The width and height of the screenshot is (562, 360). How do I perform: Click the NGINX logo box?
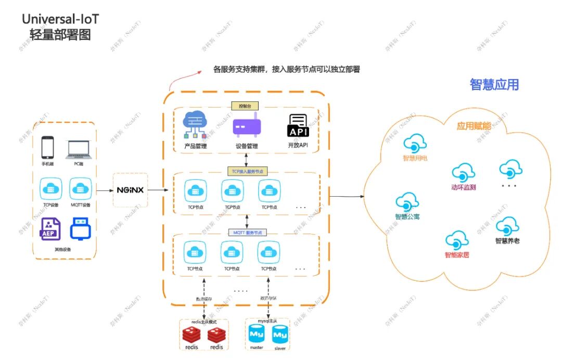(x=130, y=190)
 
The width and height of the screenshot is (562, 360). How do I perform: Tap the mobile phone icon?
(x=48, y=148)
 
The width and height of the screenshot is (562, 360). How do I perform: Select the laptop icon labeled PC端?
(x=79, y=149)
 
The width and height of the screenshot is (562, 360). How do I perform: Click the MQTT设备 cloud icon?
(x=80, y=188)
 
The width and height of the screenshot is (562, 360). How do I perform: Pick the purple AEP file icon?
(x=50, y=229)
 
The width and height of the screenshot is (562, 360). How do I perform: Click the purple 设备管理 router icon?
(x=247, y=127)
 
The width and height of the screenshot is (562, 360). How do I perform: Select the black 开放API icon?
(x=298, y=126)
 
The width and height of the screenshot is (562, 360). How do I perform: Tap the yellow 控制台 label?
(x=245, y=106)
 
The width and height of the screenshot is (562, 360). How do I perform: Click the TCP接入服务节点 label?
(x=247, y=171)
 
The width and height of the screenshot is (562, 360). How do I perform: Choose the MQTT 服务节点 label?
(x=247, y=232)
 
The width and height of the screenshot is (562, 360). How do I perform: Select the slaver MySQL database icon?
(x=280, y=334)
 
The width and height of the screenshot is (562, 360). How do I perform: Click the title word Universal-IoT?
(x=60, y=19)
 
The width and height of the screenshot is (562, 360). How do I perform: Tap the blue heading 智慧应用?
(x=494, y=85)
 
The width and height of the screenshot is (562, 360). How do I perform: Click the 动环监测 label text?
(x=463, y=187)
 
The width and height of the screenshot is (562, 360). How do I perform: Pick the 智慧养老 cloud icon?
(x=507, y=226)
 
